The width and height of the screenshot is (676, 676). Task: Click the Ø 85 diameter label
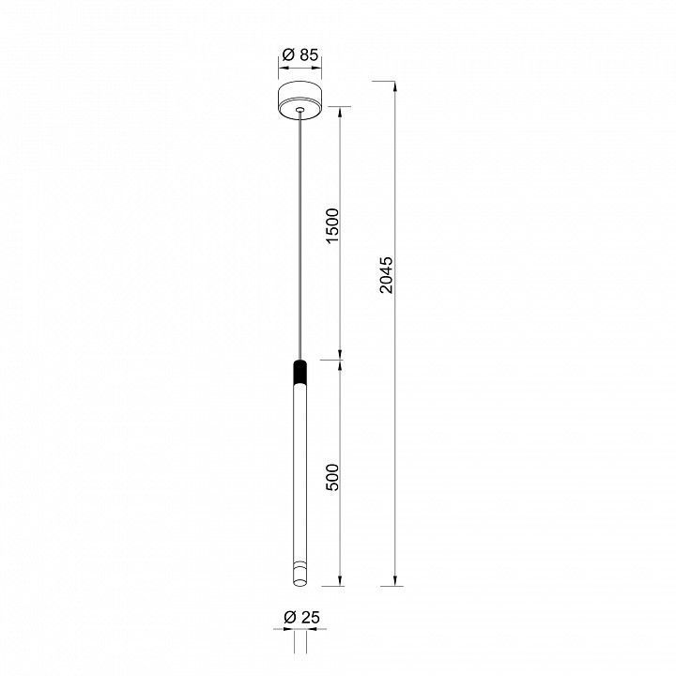coord(300,54)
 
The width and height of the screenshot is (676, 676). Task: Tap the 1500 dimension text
coord(332,225)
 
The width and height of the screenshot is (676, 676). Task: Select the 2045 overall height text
coord(386,275)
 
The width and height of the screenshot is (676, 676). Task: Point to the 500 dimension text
coord(332,477)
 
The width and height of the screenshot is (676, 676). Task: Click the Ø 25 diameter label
coord(301,618)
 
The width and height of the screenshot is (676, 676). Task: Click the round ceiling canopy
coord(300,100)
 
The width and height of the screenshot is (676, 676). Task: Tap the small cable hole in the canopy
coord(300,110)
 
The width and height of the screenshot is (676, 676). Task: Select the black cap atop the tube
coord(300,371)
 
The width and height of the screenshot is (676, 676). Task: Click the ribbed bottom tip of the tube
coord(300,574)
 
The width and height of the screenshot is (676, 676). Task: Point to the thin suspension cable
coord(300,236)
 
